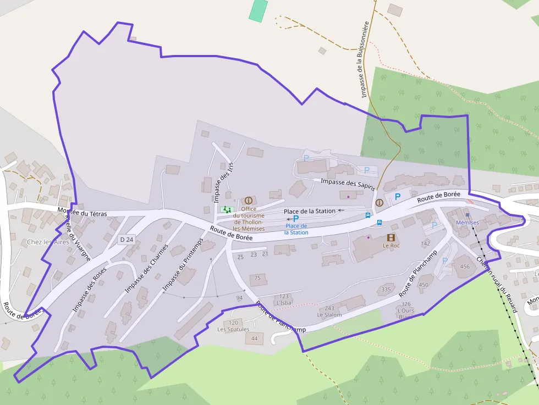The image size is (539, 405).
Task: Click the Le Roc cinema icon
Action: point(391,237)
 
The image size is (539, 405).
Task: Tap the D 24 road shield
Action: point(127,240)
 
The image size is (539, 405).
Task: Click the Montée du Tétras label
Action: point(82,212)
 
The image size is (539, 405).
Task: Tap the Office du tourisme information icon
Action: point(249,201)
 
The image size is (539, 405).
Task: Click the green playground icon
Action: point(227,209)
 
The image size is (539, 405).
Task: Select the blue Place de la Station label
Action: point(296,229)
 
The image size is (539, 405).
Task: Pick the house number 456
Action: point(465,267)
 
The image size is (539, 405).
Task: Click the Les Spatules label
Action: point(233,330)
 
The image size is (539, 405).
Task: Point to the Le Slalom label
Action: point(329,315)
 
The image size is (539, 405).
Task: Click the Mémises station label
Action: point(468,223)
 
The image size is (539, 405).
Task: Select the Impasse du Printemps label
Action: point(183,264)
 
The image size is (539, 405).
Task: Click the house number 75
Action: point(257,279)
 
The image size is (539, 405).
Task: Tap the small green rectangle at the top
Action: point(258,10)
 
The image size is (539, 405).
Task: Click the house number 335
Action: point(386,290)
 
